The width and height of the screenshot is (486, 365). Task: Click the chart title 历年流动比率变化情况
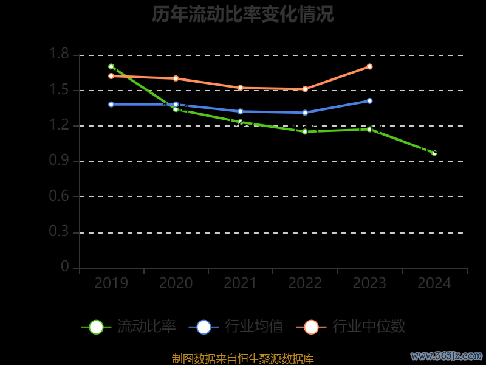243,14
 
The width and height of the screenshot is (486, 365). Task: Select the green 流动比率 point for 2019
111,66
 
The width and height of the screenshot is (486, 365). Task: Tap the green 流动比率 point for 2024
434,153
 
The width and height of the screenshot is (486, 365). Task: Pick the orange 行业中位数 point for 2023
369,66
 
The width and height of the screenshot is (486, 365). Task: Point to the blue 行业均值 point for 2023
369,101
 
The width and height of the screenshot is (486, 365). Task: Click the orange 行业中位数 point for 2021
241,88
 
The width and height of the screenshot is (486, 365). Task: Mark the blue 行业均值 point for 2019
111,104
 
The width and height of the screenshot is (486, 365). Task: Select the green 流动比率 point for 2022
305,131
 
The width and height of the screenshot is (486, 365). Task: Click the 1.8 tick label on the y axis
60,55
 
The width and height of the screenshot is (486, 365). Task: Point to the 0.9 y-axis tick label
60,161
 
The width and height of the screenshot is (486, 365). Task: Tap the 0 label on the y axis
65,268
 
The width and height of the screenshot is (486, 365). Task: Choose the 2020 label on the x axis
176,283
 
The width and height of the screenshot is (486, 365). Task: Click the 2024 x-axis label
434,283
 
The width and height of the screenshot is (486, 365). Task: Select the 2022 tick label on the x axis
305,283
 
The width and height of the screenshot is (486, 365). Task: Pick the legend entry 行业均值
236,327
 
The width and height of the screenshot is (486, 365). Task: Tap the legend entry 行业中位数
351,327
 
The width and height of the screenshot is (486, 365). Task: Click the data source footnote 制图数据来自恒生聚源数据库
243,359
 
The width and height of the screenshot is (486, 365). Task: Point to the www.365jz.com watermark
446,355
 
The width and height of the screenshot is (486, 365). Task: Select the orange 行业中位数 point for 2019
111,76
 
